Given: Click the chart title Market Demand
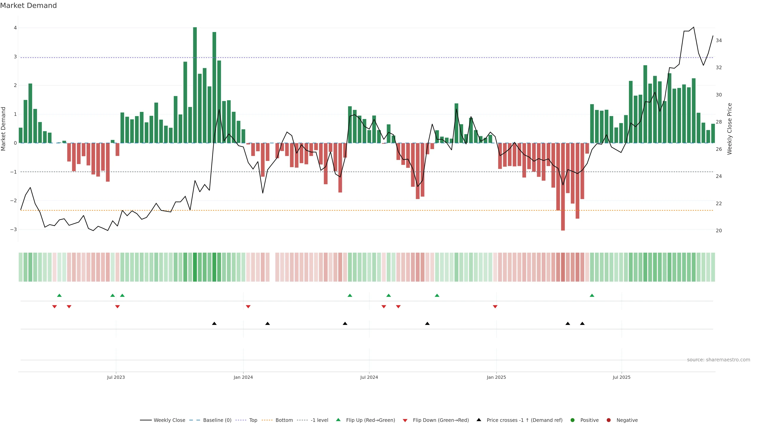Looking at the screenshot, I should pyautogui.click(x=28, y=6).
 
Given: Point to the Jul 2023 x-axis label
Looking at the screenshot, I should pyautogui.click(x=116, y=377).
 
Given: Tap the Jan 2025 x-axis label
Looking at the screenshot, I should pyautogui.click(x=496, y=377).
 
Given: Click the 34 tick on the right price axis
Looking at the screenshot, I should pyautogui.click(x=719, y=40).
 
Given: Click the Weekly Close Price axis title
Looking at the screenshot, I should pyautogui.click(x=730, y=129).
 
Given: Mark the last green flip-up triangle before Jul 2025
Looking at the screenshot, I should pyautogui.click(x=592, y=295).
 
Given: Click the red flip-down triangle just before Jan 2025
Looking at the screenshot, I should pyautogui.click(x=495, y=307).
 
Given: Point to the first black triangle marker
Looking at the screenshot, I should pyautogui.click(x=214, y=324).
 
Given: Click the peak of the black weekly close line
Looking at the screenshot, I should pyautogui.click(x=693, y=27).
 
